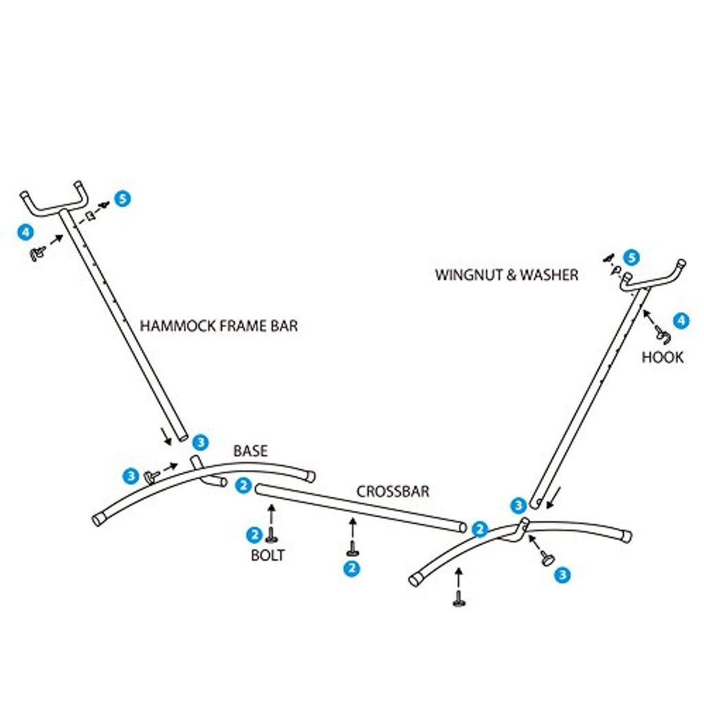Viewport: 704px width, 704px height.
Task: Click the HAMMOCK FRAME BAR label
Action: [x=219, y=325]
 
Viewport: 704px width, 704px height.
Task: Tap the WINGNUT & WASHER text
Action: [x=506, y=275]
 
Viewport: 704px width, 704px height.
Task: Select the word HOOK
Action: [x=662, y=357]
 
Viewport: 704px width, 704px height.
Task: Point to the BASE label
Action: [x=250, y=452]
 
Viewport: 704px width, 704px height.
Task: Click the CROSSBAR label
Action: [x=393, y=492]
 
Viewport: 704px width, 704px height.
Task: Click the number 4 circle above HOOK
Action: [x=680, y=320]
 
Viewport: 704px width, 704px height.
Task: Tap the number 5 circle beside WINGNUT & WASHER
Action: [x=631, y=258]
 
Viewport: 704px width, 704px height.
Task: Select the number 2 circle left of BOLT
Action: [x=254, y=533]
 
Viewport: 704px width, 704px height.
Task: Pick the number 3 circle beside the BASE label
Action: [x=201, y=441]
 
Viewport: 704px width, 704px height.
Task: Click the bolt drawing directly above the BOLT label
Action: [x=272, y=536]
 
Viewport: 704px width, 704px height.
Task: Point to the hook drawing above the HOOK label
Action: [x=663, y=335]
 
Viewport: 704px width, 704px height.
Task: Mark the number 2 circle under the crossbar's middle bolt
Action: [x=352, y=569]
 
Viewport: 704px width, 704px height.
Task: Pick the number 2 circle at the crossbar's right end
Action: [x=480, y=529]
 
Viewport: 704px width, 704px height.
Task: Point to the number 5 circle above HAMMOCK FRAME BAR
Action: [x=122, y=199]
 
